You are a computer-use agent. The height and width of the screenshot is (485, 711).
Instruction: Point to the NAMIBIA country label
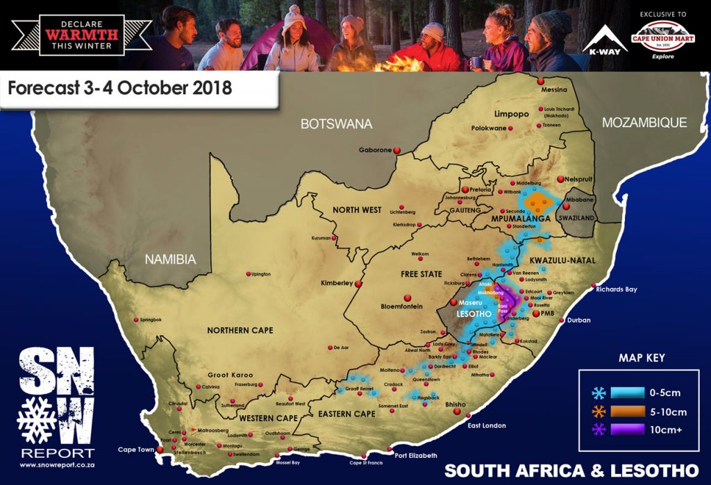tap(170, 259)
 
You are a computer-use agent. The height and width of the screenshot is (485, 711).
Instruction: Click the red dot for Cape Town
tap(160, 450)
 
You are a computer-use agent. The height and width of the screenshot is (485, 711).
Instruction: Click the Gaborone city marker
tap(397, 150)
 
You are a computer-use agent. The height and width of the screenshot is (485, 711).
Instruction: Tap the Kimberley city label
tap(336, 283)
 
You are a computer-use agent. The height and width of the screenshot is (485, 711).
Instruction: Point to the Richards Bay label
tap(617, 289)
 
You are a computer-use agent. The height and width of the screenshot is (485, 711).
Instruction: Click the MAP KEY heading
tap(641, 358)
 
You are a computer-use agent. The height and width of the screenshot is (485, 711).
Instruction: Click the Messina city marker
tap(542, 81)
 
